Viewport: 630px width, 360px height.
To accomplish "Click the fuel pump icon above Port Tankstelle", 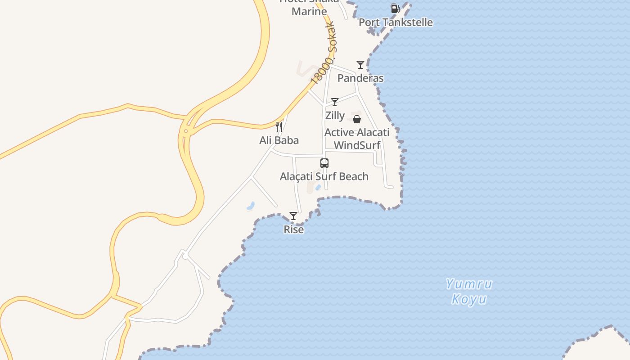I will click(x=395, y=9).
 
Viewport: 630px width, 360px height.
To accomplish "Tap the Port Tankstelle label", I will click(x=396, y=22).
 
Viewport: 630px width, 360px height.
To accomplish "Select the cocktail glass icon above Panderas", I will click(x=360, y=65).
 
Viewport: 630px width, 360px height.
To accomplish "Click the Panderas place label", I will click(x=360, y=78).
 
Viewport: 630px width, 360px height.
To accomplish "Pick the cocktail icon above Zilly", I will click(x=335, y=102).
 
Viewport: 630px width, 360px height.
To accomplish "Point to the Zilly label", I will click(x=335, y=116).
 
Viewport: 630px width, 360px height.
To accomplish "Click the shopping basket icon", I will click(x=357, y=119).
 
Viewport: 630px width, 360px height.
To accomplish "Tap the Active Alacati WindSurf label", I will click(x=357, y=139).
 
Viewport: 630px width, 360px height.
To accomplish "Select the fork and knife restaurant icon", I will click(x=279, y=127).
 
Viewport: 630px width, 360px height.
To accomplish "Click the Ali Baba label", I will click(x=279, y=140).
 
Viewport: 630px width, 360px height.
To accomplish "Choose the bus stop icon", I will click(x=324, y=163).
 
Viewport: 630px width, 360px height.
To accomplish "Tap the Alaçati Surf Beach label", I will click(x=324, y=176).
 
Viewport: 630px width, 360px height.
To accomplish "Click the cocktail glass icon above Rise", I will click(x=293, y=216).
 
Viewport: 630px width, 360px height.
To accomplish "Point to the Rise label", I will click(x=293, y=229).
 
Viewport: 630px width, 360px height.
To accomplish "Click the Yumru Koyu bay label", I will click(x=469, y=292).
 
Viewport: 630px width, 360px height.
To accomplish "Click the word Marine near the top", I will click(x=309, y=11).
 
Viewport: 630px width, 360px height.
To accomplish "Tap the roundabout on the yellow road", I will click(x=185, y=131).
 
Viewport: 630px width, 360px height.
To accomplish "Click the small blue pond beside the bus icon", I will click(x=318, y=187).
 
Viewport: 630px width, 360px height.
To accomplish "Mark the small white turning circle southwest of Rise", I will click(x=185, y=256).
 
